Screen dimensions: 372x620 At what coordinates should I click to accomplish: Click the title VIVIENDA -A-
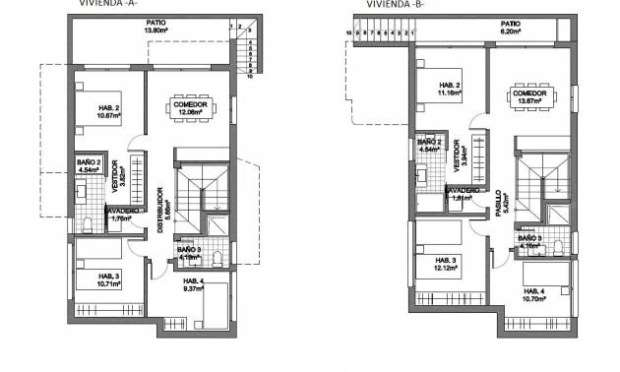pos(106,3)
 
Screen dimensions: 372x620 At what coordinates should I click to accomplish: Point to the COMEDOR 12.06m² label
pos(189,107)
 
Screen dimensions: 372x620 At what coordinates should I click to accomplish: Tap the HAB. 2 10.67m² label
pos(109,111)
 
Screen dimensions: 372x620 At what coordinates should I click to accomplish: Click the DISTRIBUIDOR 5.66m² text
pos(160,203)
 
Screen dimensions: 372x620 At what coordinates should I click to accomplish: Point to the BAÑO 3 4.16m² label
pos(530,241)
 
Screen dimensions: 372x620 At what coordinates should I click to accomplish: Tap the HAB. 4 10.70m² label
pos(536,295)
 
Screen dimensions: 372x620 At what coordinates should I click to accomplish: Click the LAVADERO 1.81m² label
pos(466,194)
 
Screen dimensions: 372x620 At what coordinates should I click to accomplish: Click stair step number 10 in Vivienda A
pos(250,76)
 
